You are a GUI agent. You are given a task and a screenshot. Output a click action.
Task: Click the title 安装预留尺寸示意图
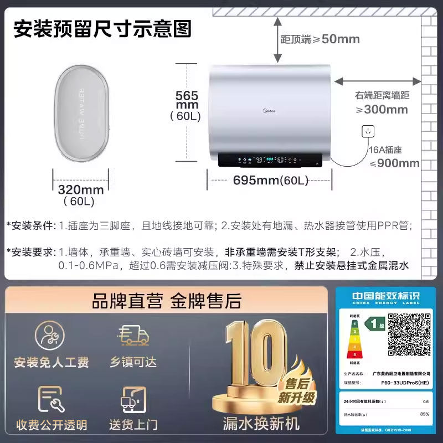click(x=102, y=28)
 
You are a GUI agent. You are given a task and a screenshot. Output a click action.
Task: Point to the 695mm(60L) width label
click(x=270, y=180)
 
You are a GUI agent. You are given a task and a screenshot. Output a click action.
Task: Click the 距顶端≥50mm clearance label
click(x=320, y=39)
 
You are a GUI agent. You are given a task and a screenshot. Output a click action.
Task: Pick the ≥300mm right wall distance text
click(x=382, y=109)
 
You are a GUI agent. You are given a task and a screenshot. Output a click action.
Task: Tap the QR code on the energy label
click(x=409, y=334)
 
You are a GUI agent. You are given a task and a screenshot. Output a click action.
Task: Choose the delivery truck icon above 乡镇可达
click(x=133, y=335)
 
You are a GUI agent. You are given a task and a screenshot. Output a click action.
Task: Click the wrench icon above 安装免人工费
click(x=50, y=335)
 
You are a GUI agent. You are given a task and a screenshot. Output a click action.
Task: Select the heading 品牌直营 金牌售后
click(x=166, y=301)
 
